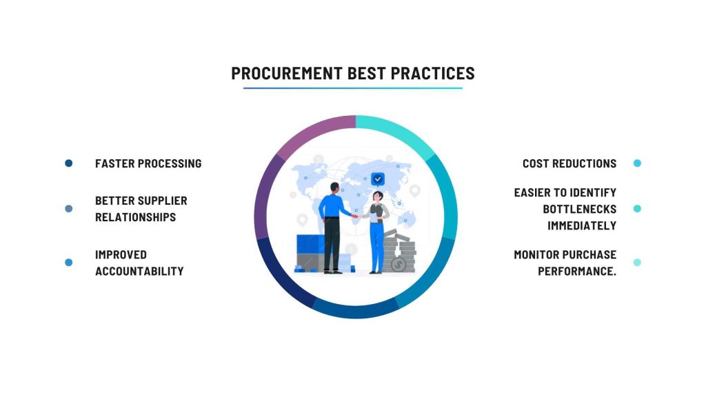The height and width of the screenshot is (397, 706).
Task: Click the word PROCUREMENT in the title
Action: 287,73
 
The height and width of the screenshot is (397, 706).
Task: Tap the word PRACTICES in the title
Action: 433,73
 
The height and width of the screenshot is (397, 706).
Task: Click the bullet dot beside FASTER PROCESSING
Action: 68,163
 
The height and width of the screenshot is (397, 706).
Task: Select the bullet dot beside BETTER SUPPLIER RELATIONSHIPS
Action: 68,208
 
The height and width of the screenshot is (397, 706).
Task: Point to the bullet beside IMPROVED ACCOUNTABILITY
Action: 68,263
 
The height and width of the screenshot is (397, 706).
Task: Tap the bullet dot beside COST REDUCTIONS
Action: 637,163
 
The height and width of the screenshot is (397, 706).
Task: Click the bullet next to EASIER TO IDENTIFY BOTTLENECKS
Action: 637,208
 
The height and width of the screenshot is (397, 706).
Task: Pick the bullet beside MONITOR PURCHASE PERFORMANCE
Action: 637,263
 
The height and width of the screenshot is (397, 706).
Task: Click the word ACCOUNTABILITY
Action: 139,271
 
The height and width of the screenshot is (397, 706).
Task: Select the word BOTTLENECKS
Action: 579,209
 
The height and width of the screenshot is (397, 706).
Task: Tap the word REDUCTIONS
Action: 585,163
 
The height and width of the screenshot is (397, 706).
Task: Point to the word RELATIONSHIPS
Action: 136,217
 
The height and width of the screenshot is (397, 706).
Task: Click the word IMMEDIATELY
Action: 582,225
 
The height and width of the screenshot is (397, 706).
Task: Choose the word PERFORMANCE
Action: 577,271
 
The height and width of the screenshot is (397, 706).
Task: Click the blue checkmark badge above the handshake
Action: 378,179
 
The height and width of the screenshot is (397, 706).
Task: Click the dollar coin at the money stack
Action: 398,265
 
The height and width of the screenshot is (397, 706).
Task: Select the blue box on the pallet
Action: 311,245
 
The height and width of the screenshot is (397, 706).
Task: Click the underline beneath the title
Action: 353,88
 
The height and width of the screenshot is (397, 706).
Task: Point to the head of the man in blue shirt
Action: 334,187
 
